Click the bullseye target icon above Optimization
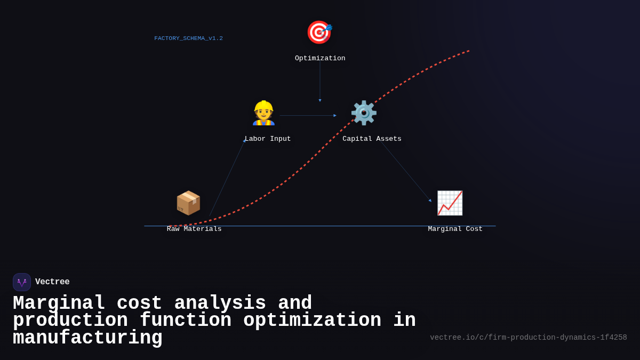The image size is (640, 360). [x=319, y=32]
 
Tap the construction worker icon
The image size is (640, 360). [x=263, y=113]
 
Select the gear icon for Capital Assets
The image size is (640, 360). [x=364, y=113]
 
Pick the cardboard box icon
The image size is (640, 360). [x=188, y=203]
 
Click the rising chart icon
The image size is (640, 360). [x=450, y=203]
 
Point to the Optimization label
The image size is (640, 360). [x=320, y=59]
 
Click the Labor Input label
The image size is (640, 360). [x=268, y=139]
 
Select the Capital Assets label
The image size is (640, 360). [x=372, y=139]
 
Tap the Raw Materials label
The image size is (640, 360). [x=194, y=229]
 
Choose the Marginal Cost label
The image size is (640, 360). [x=455, y=229]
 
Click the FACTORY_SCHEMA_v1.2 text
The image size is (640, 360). [x=189, y=38]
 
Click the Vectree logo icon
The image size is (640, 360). [x=22, y=282]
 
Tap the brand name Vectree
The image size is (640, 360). [x=52, y=282]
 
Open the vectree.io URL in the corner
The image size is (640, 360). [x=528, y=338]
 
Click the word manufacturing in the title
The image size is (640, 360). [x=87, y=338]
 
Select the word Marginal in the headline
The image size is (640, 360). [x=59, y=303]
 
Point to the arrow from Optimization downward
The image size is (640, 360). [x=320, y=80]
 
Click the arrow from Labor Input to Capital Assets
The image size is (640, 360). [x=308, y=116]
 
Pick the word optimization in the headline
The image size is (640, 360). [x=312, y=321]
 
